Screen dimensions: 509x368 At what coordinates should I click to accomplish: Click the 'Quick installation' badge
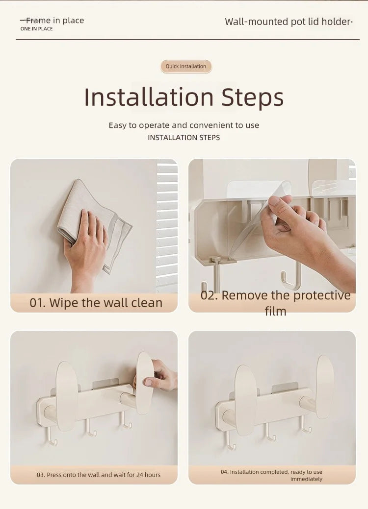point(186,67)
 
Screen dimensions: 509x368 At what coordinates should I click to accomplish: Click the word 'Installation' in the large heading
point(149,97)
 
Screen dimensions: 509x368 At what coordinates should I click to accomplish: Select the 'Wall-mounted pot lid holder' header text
point(289,22)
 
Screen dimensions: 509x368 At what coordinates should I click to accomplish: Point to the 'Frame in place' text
point(54,21)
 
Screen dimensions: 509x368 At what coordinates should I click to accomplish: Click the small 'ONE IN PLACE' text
point(36,29)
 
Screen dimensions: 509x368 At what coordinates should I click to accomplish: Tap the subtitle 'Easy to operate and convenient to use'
point(184,125)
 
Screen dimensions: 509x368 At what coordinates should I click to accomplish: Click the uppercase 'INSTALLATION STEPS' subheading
point(184,138)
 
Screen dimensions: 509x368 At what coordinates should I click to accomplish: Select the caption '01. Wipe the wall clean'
point(96,303)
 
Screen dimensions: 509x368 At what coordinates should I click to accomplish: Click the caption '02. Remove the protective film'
point(275,303)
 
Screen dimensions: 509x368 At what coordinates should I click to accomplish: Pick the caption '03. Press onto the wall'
point(98,475)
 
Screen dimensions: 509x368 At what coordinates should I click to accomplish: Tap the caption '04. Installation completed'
point(271,475)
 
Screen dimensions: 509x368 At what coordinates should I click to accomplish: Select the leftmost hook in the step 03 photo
point(51,436)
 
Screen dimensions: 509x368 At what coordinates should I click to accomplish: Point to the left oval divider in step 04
point(245,399)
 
